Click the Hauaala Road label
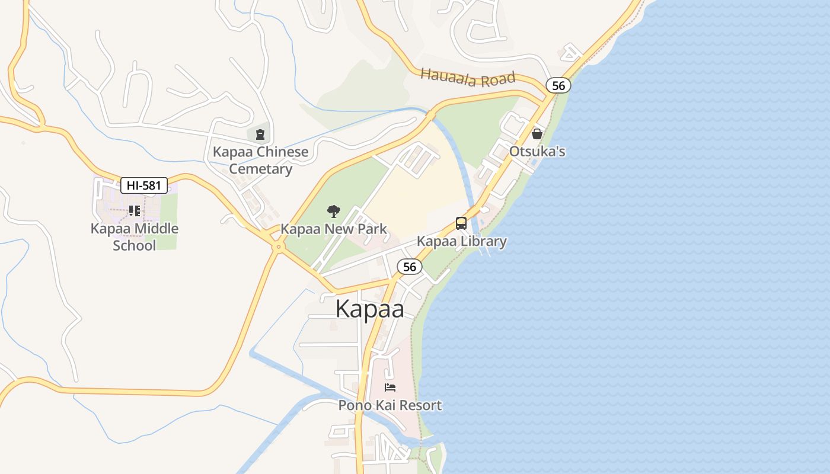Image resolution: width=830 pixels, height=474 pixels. click(468, 78)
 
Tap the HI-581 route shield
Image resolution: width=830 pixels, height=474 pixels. click(144, 185)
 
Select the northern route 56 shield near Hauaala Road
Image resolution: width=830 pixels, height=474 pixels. click(558, 85)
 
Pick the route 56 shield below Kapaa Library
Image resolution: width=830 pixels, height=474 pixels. click(409, 267)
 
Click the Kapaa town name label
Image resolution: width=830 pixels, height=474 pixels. click(370, 309)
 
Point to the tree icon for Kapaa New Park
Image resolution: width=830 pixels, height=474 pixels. click(334, 212)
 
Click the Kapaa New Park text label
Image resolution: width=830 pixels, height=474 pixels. click(333, 229)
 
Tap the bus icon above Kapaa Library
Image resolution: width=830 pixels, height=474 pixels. click(461, 223)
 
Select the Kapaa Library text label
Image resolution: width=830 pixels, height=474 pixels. click(461, 241)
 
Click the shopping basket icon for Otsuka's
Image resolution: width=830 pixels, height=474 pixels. click(537, 134)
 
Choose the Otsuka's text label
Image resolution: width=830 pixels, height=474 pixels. click(537, 152)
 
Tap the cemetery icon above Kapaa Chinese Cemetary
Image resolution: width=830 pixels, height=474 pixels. click(260, 134)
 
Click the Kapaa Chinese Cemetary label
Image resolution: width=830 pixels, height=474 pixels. click(261, 161)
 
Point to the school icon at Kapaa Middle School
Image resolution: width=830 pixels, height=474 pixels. click(134, 211)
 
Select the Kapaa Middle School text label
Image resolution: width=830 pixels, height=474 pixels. click(135, 237)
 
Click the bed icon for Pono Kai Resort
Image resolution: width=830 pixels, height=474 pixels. click(390, 387)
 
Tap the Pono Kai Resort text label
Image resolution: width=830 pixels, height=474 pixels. click(390, 405)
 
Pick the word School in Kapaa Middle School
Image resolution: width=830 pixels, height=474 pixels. click(135, 245)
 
